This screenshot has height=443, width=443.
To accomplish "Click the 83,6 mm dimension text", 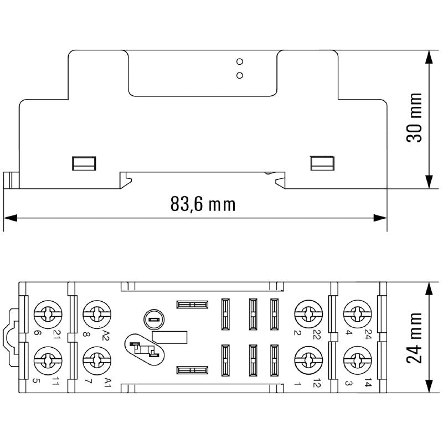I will coord(203,204).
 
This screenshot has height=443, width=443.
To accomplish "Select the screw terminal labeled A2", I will coord(94,315).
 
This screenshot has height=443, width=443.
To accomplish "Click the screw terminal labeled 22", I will coord(305,315).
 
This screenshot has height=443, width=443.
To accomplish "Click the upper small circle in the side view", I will coord(240,61).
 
